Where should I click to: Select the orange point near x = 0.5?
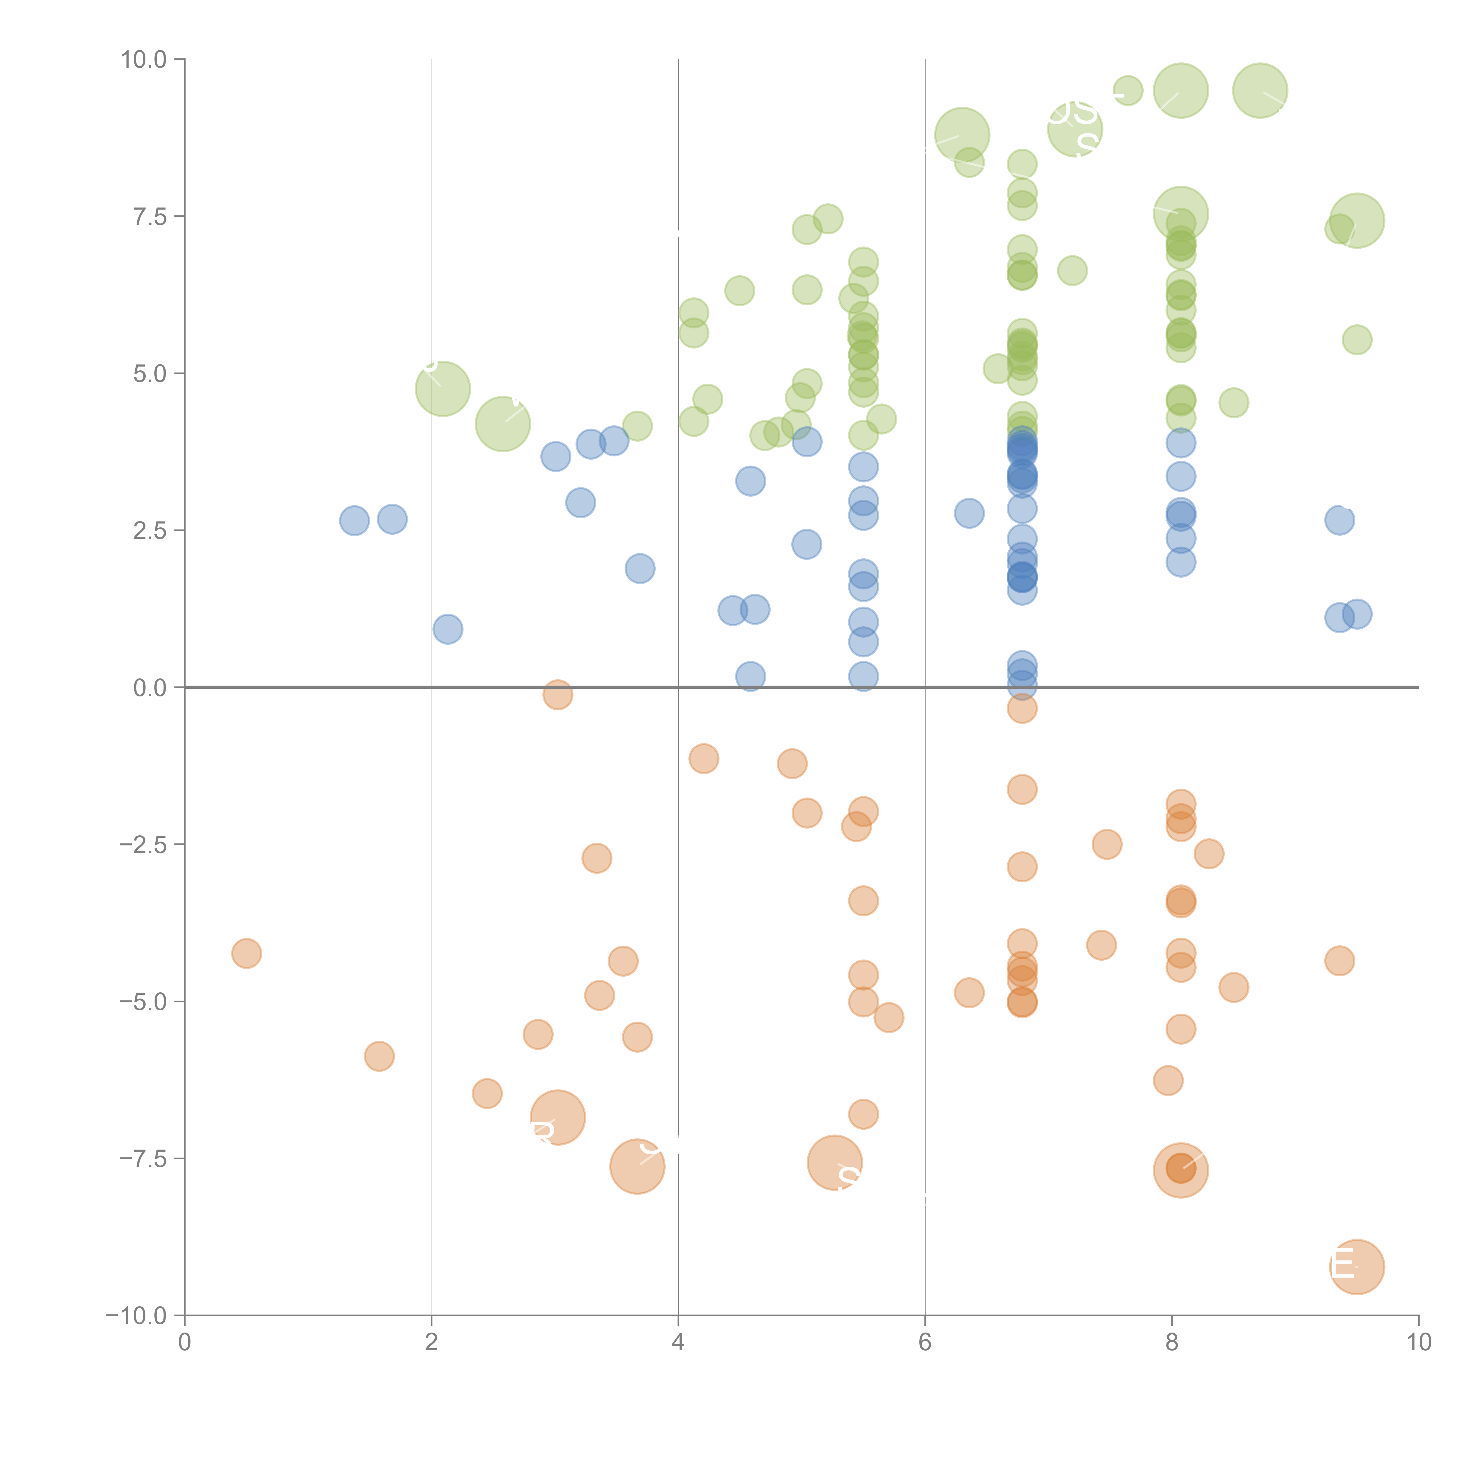[246, 953]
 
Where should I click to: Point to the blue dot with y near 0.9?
[448, 629]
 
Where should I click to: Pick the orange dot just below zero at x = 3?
[558, 695]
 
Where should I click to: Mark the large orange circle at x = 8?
[1180, 1171]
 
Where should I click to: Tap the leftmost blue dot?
[354, 521]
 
